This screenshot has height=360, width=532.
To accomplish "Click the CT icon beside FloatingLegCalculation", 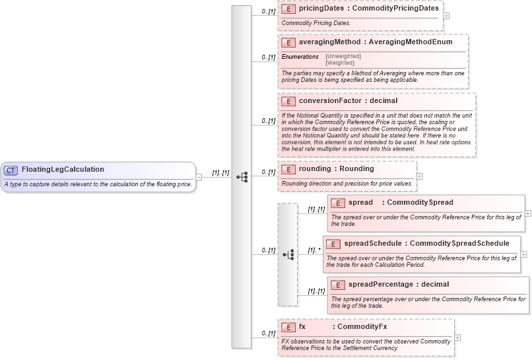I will coord(11,170).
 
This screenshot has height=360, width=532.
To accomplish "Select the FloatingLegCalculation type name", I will coord(63,170).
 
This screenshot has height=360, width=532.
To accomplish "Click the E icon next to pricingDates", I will coord(288,9).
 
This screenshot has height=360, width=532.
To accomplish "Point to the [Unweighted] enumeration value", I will coord(343,56).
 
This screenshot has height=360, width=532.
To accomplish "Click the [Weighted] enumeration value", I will coord(341,63).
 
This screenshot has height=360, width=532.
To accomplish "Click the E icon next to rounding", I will coord(288,169).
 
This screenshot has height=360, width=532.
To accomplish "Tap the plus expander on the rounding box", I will coord(420,176).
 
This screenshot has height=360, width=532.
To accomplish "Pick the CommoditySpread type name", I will coord(420,202).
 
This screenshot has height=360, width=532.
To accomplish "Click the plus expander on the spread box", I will coord(528,213).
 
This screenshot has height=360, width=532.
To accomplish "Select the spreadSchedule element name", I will coord(373,244).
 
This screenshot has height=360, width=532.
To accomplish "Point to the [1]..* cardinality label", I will coord(314,250).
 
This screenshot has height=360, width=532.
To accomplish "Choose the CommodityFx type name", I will coord(362,327).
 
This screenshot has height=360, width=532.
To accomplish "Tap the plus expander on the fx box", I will coord(457,338).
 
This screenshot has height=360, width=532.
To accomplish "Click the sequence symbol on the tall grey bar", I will coord(242,177).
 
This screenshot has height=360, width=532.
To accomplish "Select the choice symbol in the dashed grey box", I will coord(288,254).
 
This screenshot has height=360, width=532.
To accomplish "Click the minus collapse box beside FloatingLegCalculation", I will coord(199,177).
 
